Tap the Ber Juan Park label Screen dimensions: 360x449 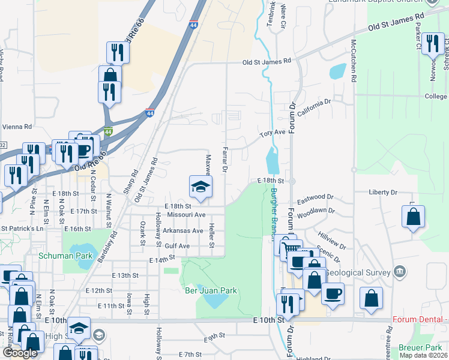[x=211, y=290]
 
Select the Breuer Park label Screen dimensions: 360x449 [x=426, y=347]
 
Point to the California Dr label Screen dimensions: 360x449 [x=314, y=107]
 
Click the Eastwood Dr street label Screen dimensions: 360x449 [x=315, y=197]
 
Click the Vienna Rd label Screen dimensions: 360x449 [x=16, y=127]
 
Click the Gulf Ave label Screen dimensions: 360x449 [x=177, y=246]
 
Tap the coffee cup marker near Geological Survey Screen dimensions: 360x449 [x=333, y=293]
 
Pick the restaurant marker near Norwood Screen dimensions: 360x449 [x=432, y=44]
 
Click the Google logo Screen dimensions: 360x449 [x=20, y=353]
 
